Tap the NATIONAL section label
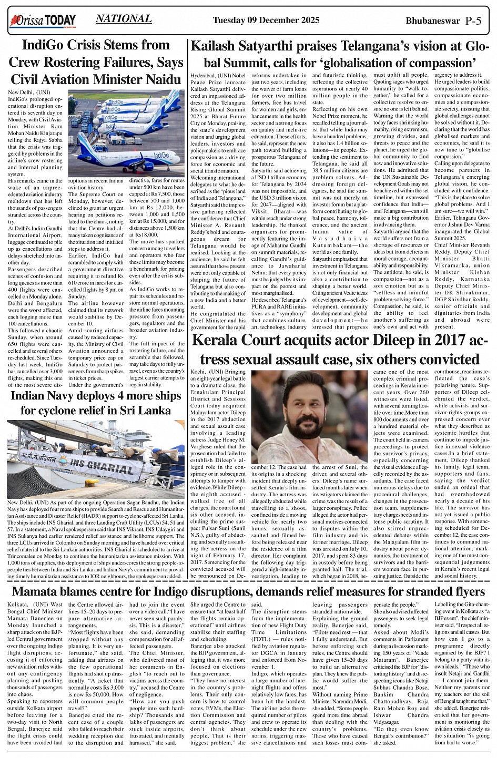pos(124,19)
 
